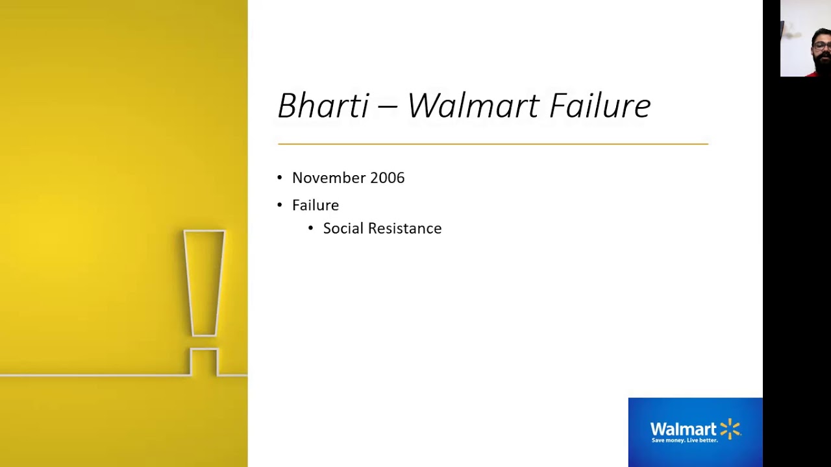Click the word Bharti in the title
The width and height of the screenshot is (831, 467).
(323, 106)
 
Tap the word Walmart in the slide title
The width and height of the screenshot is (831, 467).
(473, 106)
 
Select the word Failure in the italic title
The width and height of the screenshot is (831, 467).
(600, 106)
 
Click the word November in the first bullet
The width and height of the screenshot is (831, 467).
(329, 178)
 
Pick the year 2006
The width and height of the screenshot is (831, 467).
(387, 178)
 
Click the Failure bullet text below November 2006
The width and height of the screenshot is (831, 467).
(316, 205)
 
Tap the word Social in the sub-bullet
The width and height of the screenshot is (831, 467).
(343, 228)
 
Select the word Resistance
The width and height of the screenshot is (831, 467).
(404, 228)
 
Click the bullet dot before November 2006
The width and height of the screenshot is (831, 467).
(280, 178)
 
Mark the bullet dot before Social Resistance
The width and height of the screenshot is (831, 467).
(310, 228)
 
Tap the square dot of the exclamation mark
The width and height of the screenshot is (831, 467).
(204, 362)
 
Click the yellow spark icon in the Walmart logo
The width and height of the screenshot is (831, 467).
(730, 429)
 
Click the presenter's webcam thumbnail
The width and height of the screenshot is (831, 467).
(805, 39)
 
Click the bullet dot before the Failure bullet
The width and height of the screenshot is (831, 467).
(280, 205)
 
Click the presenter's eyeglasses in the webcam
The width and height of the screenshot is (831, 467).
(821, 45)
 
